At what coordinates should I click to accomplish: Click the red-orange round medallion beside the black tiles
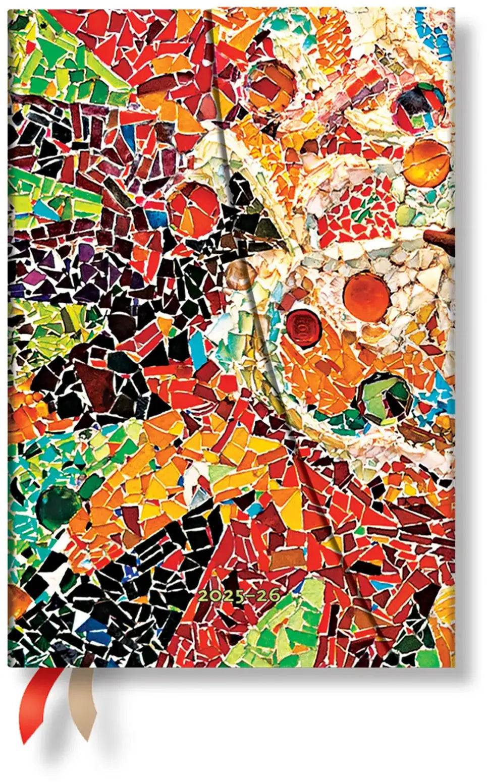[194, 209]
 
